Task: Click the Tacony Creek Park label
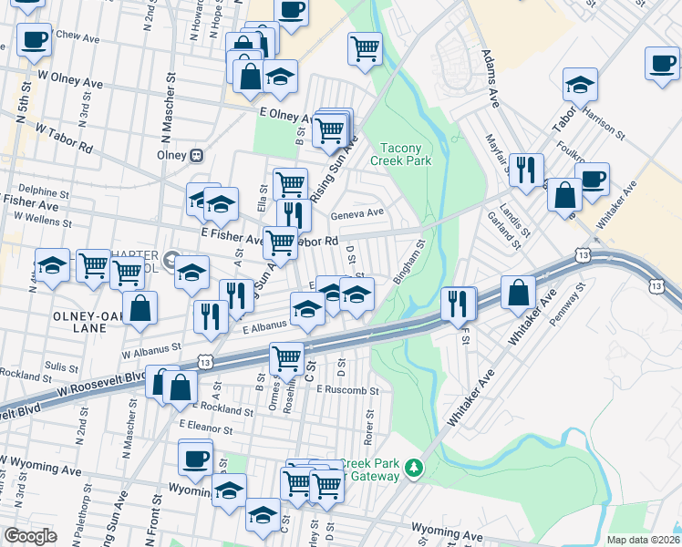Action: tap(399, 154)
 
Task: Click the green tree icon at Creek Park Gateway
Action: tap(415, 468)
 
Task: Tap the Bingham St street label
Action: tap(410, 262)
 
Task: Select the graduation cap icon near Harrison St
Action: tap(580, 84)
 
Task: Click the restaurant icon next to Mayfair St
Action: tap(526, 169)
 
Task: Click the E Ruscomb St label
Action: tap(347, 390)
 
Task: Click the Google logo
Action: tap(31, 536)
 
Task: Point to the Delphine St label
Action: tap(44, 193)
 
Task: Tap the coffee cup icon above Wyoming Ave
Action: tap(195, 458)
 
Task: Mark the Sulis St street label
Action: tap(62, 366)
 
